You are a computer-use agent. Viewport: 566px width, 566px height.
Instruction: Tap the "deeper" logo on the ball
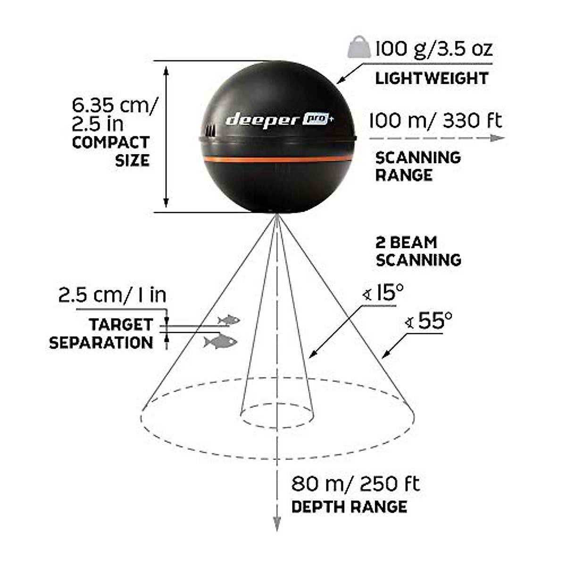coord(258,120)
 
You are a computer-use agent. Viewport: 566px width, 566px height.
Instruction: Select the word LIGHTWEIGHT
coord(431,78)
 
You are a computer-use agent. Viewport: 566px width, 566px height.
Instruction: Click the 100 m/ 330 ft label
coord(435,121)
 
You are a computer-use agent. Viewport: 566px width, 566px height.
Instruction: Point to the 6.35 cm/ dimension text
coord(113,105)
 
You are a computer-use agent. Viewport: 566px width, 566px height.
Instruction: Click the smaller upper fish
coord(229,320)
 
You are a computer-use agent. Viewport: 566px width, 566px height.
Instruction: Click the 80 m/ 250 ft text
coord(355,484)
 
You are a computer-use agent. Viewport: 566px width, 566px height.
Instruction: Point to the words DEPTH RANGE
coord(349,507)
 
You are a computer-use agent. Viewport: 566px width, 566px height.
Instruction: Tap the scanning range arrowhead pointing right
coord(498,138)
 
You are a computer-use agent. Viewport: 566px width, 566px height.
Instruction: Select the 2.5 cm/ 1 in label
coord(112,295)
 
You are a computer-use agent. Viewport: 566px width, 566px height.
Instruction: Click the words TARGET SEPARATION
coord(101,333)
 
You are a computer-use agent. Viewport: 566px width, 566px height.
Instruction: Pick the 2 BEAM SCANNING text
coord(418,251)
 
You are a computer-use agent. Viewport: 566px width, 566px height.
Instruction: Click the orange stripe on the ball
coord(278,159)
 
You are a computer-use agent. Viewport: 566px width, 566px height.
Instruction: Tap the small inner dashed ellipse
coord(277,416)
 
